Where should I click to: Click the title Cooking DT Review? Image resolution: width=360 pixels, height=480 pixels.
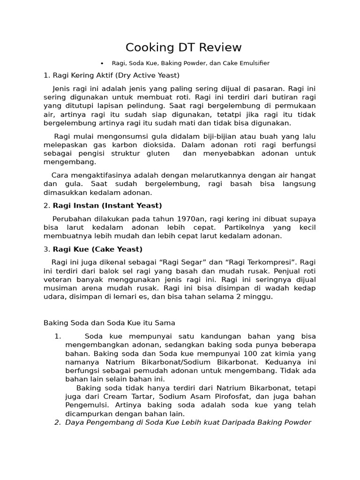[183, 47]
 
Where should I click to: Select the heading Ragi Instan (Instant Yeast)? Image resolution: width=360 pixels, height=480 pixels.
[107, 205]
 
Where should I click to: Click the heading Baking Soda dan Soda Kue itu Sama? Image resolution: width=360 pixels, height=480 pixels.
[109, 322]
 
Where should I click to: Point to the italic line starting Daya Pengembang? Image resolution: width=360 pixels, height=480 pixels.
[188, 422]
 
